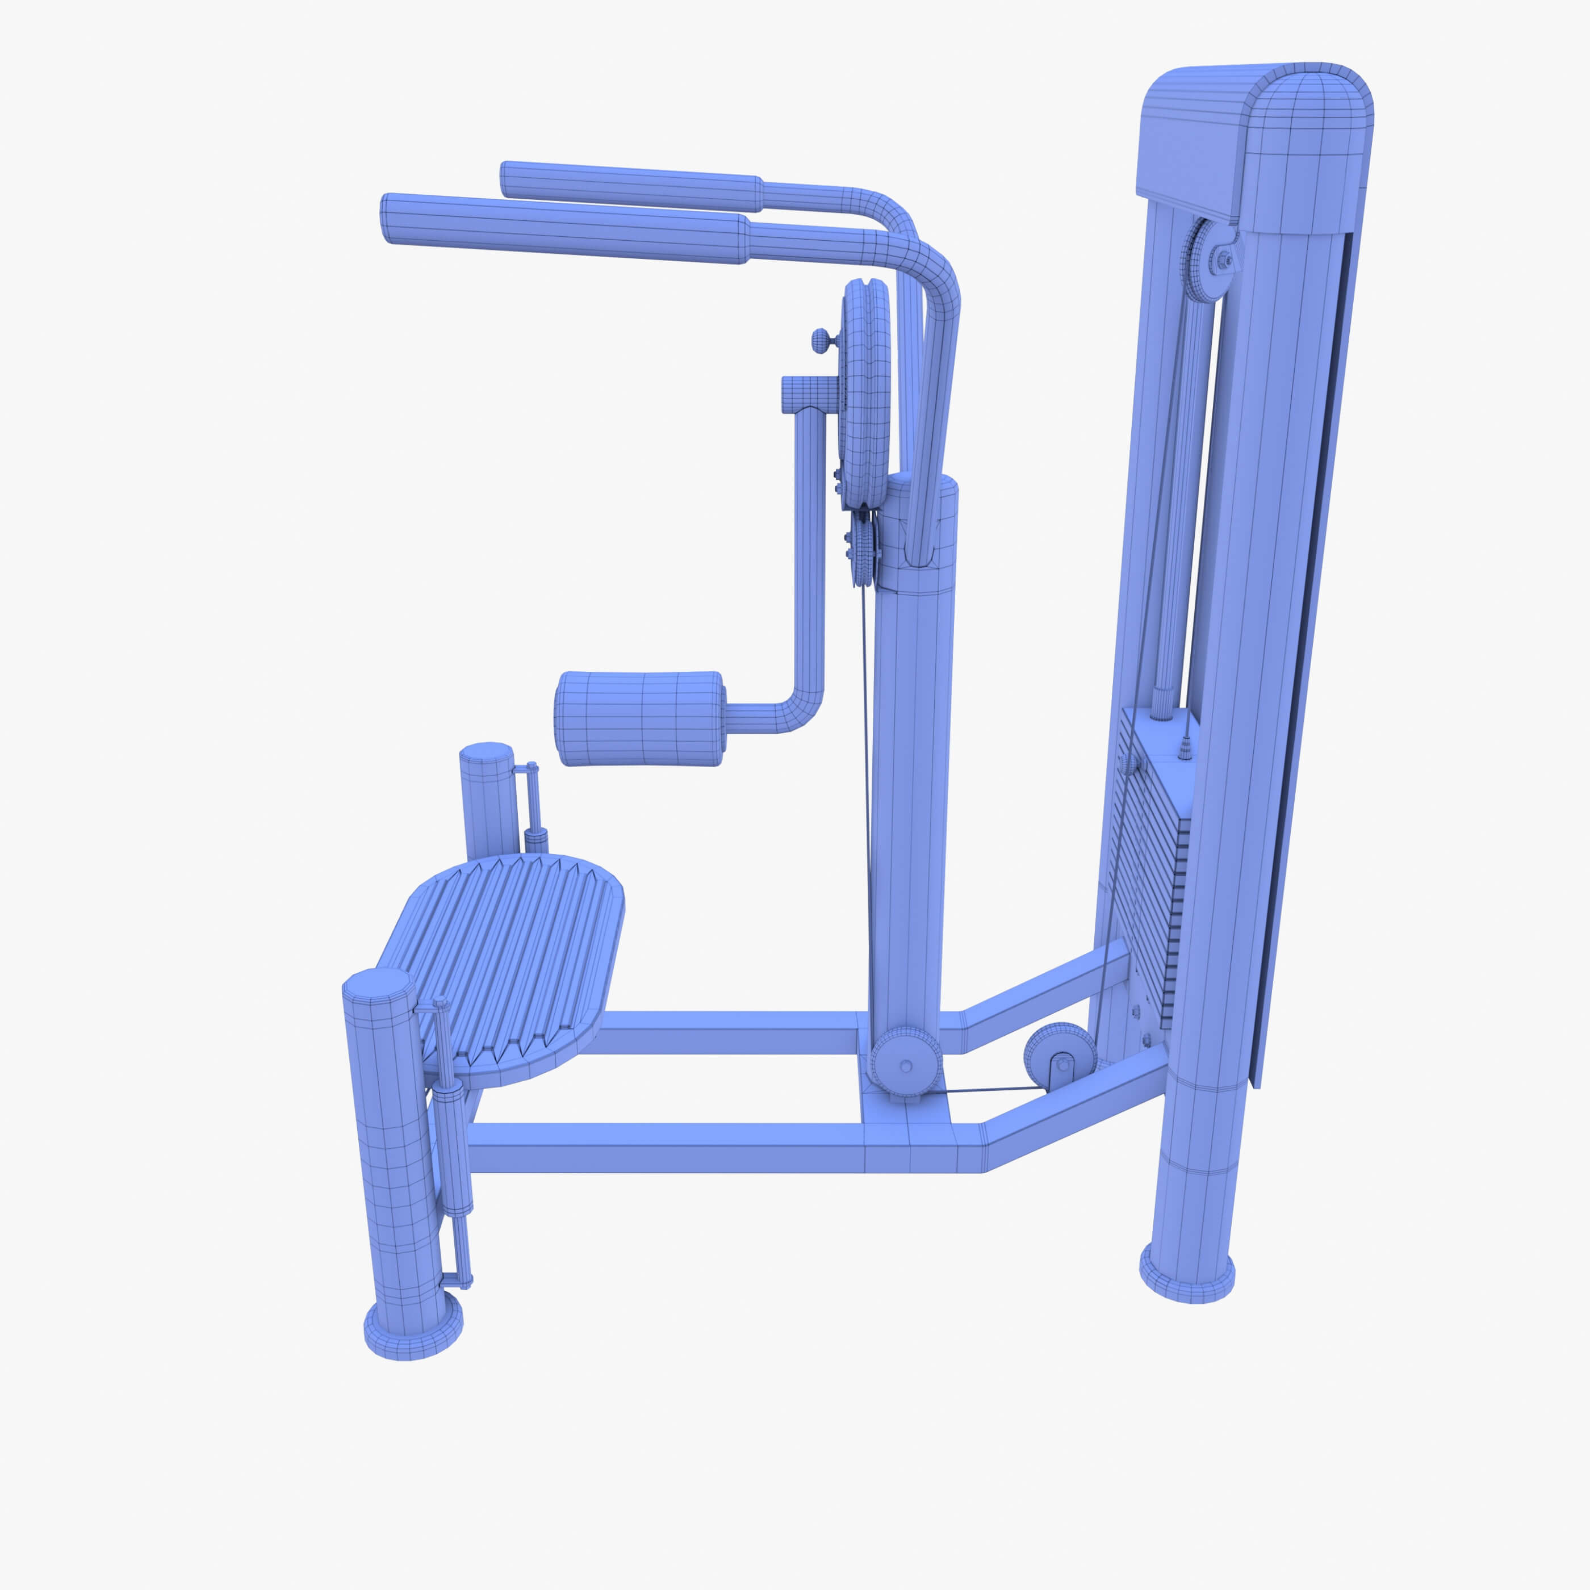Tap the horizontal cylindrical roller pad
click(641, 718)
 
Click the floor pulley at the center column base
click(905, 1062)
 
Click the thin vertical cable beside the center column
click(866, 782)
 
